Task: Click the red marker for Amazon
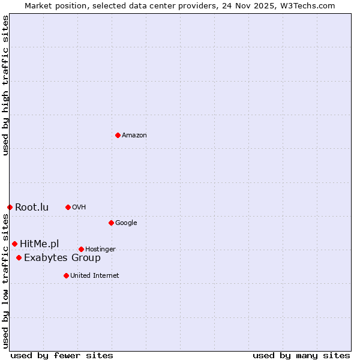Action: [x=118, y=135]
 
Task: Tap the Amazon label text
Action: [x=134, y=136]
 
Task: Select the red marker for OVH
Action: [x=68, y=207]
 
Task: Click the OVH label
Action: [x=79, y=208]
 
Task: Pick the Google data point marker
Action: [x=111, y=223]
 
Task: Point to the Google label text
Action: [x=126, y=223]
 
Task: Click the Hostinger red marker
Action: [x=81, y=249]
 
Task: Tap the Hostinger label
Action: [x=100, y=250]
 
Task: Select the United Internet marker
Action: [x=66, y=275]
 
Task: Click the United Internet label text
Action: [x=95, y=276]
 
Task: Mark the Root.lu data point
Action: [x=10, y=207]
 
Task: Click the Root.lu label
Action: [x=32, y=208]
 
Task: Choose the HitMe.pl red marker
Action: [x=14, y=244]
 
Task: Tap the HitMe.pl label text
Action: [x=40, y=244]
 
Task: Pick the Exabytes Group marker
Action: [x=19, y=257]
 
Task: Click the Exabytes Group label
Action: [x=62, y=258]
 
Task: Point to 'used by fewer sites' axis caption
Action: [x=62, y=355]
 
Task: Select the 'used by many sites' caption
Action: [x=301, y=355]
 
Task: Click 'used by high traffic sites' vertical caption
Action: [x=5, y=85]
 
